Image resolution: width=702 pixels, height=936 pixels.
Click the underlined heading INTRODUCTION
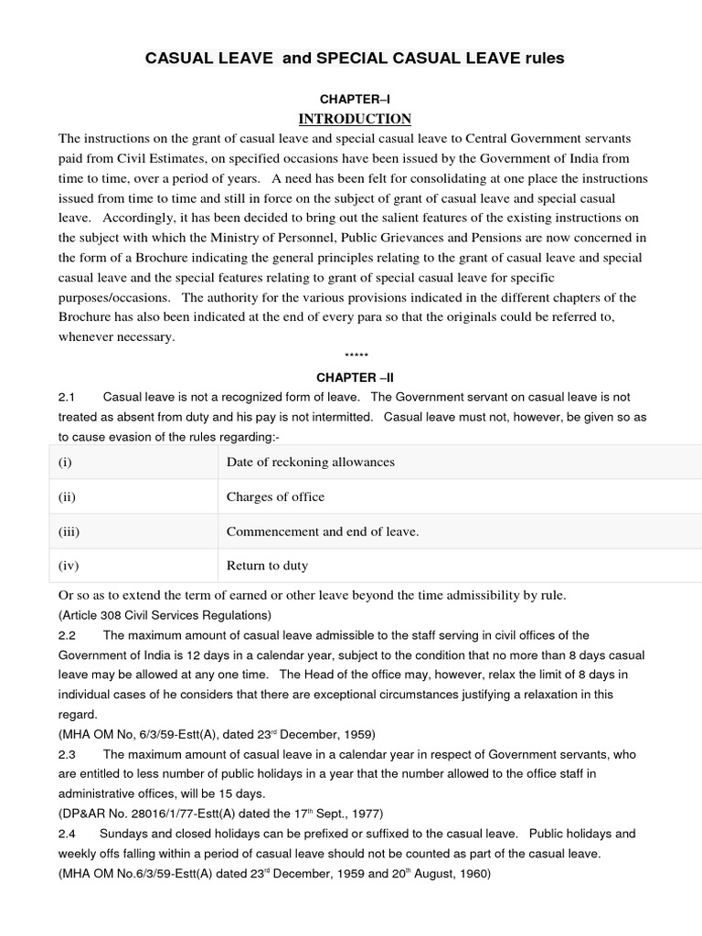tap(354, 119)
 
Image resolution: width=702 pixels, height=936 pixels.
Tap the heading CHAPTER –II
tap(355, 377)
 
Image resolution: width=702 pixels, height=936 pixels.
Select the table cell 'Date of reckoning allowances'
tap(310, 462)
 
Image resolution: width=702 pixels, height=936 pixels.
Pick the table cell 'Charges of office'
tap(275, 496)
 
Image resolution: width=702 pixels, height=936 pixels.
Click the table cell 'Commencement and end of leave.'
tap(323, 531)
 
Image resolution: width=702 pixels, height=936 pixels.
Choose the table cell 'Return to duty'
tap(267, 566)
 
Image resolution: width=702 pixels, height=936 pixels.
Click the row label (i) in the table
tap(65, 462)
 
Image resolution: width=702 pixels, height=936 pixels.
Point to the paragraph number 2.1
tap(65, 398)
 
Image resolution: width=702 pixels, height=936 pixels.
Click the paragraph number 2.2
tap(65, 635)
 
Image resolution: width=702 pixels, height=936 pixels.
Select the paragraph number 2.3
tap(65, 754)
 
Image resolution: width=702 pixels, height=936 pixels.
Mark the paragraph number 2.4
tap(65, 834)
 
